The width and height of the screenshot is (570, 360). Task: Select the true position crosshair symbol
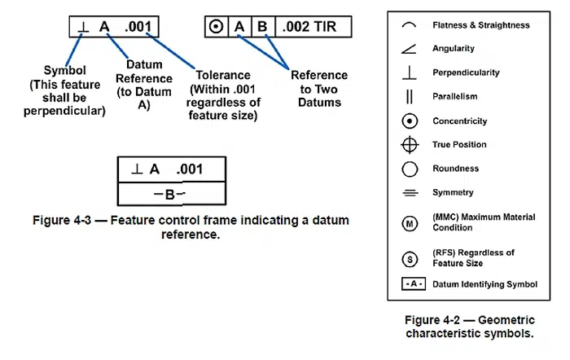coord(410,145)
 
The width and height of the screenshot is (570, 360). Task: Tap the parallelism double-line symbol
coord(410,97)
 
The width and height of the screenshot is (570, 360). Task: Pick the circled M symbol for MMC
coord(410,223)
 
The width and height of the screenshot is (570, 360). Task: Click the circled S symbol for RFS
coord(410,259)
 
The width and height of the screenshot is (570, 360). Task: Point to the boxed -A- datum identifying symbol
coord(414,284)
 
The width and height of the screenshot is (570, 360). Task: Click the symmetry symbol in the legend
coord(410,193)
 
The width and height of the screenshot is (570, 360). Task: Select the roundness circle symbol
coord(410,169)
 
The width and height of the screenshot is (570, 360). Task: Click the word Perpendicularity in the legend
coord(466,72)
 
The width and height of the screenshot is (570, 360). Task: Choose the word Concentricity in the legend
coord(459,121)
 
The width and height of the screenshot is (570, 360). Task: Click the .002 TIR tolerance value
coord(309,27)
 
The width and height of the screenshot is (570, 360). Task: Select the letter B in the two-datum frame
coord(262,27)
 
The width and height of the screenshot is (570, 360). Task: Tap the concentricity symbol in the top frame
coord(216,27)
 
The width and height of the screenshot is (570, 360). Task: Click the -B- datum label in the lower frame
coord(169,194)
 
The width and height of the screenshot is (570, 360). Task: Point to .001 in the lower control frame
coord(189,169)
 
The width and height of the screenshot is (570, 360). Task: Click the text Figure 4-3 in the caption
coord(62,221)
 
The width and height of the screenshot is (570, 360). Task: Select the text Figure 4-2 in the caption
coord(432,320)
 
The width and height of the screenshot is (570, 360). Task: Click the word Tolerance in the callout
coord(223,75)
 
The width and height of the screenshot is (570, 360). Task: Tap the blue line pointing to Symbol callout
coord(74,50)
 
